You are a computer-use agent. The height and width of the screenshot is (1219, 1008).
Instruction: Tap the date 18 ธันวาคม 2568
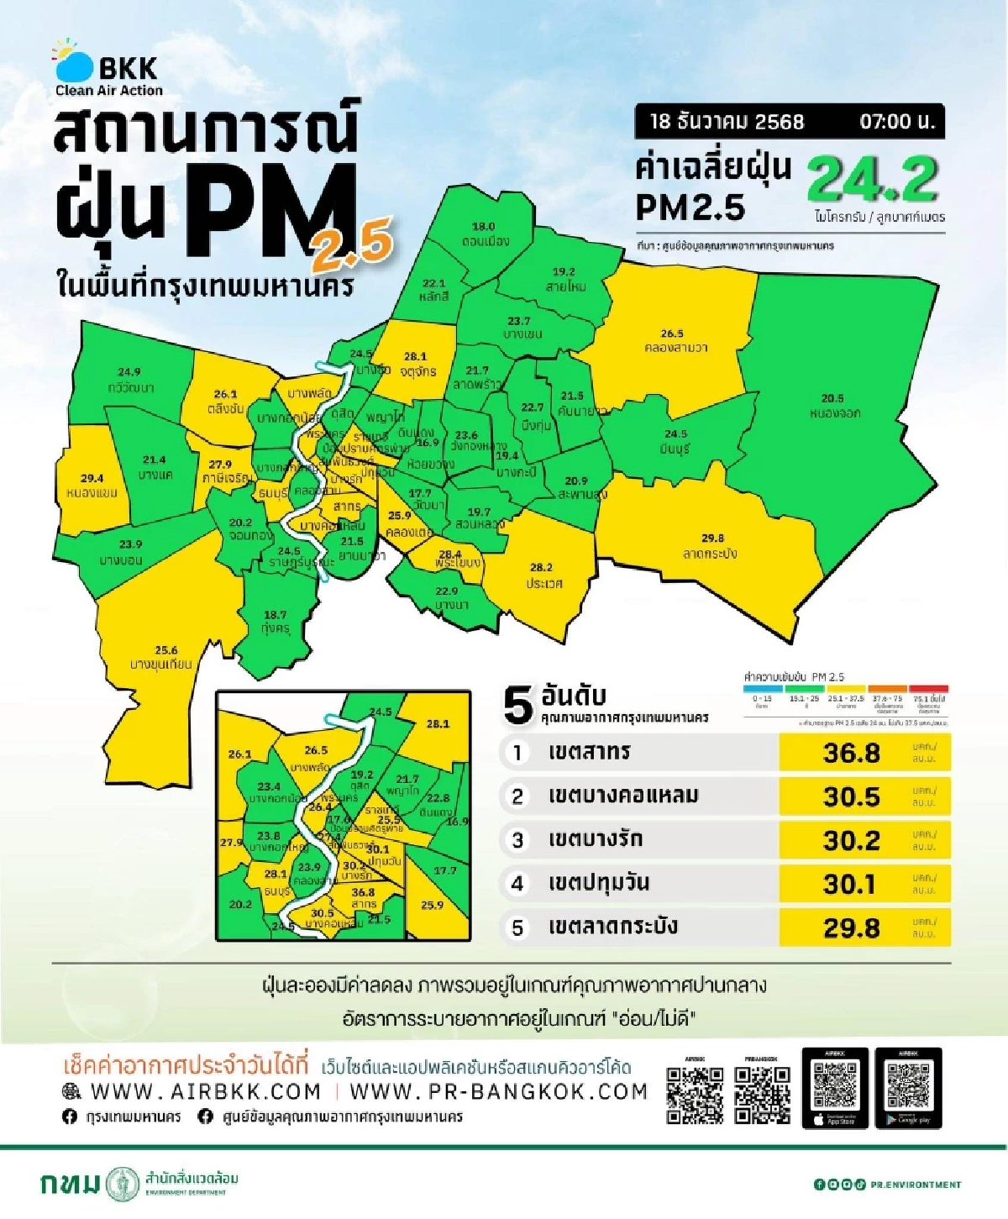coord(727,121)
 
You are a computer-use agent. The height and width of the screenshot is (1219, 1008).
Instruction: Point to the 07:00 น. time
coord(896,121)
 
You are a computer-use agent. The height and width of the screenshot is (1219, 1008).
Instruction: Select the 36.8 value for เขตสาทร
coord(851,753)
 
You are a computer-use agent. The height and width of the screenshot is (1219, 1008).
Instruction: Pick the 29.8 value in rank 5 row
coord(851,927)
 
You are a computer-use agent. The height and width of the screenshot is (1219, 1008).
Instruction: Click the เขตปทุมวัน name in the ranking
coord(598,883)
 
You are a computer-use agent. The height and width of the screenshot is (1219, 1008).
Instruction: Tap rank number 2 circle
coord(517,796)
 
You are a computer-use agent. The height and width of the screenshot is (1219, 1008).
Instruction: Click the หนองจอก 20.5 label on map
coord(834,406)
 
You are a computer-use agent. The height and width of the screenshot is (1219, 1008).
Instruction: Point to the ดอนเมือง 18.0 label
coord(485,234)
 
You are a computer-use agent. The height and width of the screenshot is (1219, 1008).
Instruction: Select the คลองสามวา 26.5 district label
coord(675,340)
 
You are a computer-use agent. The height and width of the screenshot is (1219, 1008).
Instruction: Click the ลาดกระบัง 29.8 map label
coord(711,546)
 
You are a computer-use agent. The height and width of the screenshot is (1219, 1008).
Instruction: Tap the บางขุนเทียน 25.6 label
coord(161,657)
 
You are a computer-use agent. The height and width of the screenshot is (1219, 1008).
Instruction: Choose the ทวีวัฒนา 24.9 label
coord(130,380)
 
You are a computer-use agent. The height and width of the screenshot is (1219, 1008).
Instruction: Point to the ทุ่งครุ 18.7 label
coord(275,622)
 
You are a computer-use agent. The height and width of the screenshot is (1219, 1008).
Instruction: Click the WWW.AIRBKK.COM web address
coord(205,1091)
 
